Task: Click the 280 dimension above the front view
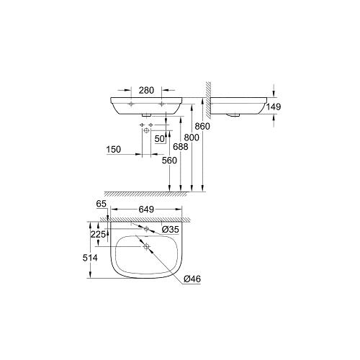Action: tap(146, 90)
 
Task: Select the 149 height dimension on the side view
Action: tap(272, 107)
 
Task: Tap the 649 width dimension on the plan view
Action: tap(146, 210)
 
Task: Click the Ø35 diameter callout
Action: tap(171, 230)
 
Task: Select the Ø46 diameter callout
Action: tap(192, 279)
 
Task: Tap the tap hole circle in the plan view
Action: tap(147, 228)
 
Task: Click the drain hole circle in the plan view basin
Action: tap(147, 247)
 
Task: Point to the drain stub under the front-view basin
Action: tap(147, 114)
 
